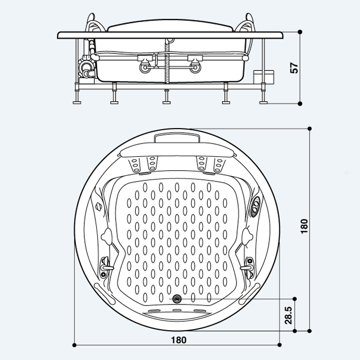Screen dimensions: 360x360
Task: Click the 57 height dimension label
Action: point(294,68)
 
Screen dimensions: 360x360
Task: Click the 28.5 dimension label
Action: point(289,315)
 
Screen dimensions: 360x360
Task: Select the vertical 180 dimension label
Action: point(304,226)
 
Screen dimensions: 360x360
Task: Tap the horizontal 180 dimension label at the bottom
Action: point(178,340)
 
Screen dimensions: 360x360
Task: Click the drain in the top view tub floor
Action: point(177,299)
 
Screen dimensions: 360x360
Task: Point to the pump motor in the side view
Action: point(86,67)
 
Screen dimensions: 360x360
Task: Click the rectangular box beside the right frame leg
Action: point(263,77)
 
